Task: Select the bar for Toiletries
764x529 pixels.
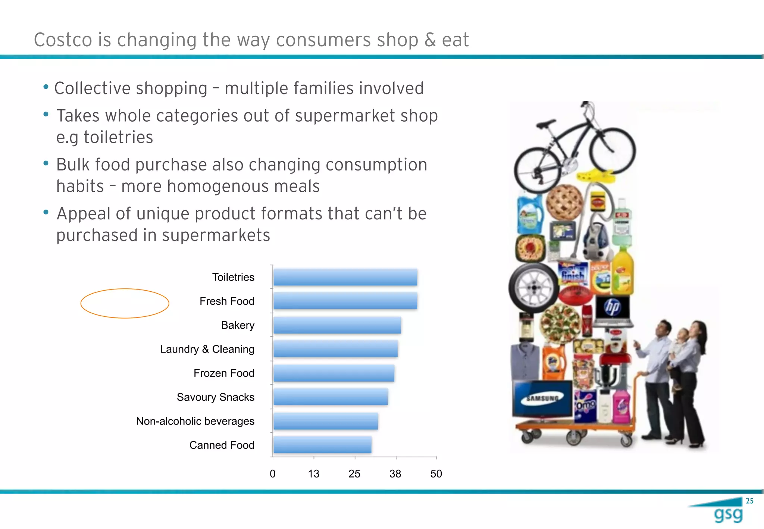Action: [x=345, y=277]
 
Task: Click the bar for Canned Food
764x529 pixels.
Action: [x=322, y=445]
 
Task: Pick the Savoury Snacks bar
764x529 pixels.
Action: [x=331, y=397]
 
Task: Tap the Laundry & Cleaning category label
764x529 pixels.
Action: [x=207, y=349]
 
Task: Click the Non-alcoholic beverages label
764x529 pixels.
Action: [x=195, y=421]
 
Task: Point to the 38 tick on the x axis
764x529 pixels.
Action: [x=395, y=474]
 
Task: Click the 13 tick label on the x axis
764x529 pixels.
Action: [x=314, y=474]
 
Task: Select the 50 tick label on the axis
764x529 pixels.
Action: [x=436, y=474]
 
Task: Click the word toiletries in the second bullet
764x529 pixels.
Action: [x=118, y=137]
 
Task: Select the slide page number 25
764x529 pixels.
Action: [x=749, y=501]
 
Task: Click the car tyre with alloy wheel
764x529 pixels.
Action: [x=533, y=288]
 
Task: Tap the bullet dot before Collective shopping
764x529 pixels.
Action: [x=46, y=87]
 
